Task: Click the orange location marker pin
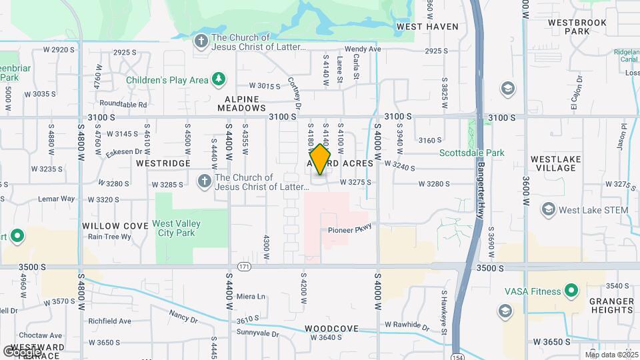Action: click(x=321, y=160)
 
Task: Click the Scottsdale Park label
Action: click(x=471, y=153)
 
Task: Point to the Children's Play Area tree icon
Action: click(x=218, y=80)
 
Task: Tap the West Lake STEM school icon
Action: click(x=548, y=210)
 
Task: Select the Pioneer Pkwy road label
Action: click(x=349, y=231)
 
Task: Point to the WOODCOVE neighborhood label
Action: click(x=331, y=329)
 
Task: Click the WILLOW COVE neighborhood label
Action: click(x=115, y=226)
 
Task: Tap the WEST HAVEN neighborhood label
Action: click(x=427, y=27)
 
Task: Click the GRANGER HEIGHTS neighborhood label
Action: click(x=611, y=305)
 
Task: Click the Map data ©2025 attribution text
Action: click(x=611, y=354)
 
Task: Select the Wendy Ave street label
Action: click(x=363, y=49)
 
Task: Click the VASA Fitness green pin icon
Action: click(x=571, y=291)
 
